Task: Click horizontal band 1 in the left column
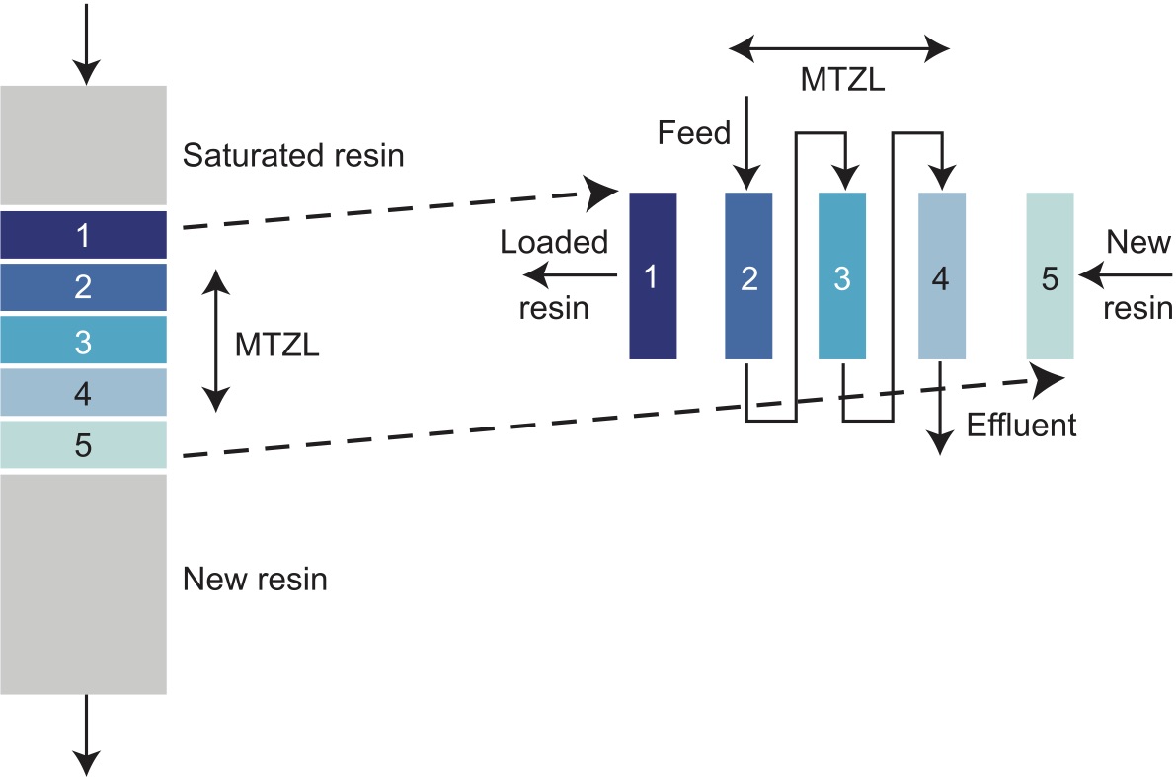tap(83, 235)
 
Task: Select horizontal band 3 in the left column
tap(83, 341)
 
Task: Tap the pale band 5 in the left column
tap(83, 445)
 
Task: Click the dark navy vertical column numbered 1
tap(653, 275)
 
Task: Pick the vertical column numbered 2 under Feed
tap(748, 275)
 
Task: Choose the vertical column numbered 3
tap(842, 275)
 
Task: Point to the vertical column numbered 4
tap(941, 275)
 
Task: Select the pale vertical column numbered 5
tap(1050, 275)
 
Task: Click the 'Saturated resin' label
tap(293, 156)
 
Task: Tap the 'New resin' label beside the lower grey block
tap(255, 580)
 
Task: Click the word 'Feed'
tap(694, 132)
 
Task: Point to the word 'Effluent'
tap(1021, 426)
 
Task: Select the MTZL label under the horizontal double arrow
tap(842, 80)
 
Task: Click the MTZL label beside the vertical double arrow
tap(277, 346)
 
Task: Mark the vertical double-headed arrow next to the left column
tap(215, 342)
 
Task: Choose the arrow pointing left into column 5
tap(1126, 275)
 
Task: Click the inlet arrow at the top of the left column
tap(87, 43)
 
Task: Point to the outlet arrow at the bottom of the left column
tap(87, 736)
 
